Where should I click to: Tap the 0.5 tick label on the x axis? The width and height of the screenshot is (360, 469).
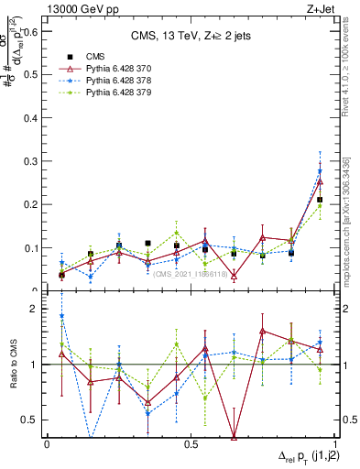191,444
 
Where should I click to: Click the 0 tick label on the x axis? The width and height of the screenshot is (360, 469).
47,444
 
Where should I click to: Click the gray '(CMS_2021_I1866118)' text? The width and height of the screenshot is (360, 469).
192,274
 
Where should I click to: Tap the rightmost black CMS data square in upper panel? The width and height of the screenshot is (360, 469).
320,200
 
